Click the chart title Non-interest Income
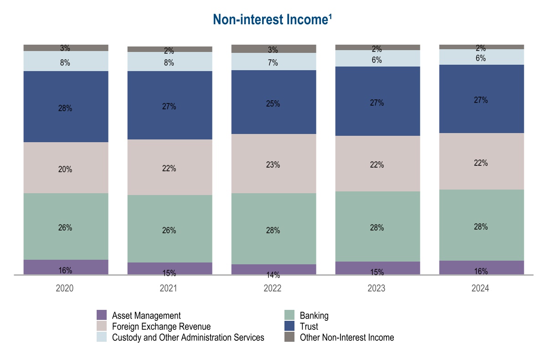[x=273, y=20]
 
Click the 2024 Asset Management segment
[x=481, y=267]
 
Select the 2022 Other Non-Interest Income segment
[x=273, y=49]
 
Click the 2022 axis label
[x=273, y=288]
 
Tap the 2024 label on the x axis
[x=480, y=288]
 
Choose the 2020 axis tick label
[x=65, y=288]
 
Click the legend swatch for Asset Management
[x=102, y=315]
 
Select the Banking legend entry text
[x=314, y=315]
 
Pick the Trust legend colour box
[x=289, y=326]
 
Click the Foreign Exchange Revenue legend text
[x=161, y=326]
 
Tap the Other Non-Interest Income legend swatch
[x=289, y=337]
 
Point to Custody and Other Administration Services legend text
[x=188, y=337]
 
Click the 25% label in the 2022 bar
[x=273, y=104]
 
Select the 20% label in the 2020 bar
[x=65, y=170]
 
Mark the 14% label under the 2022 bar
[x=273, y=275]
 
